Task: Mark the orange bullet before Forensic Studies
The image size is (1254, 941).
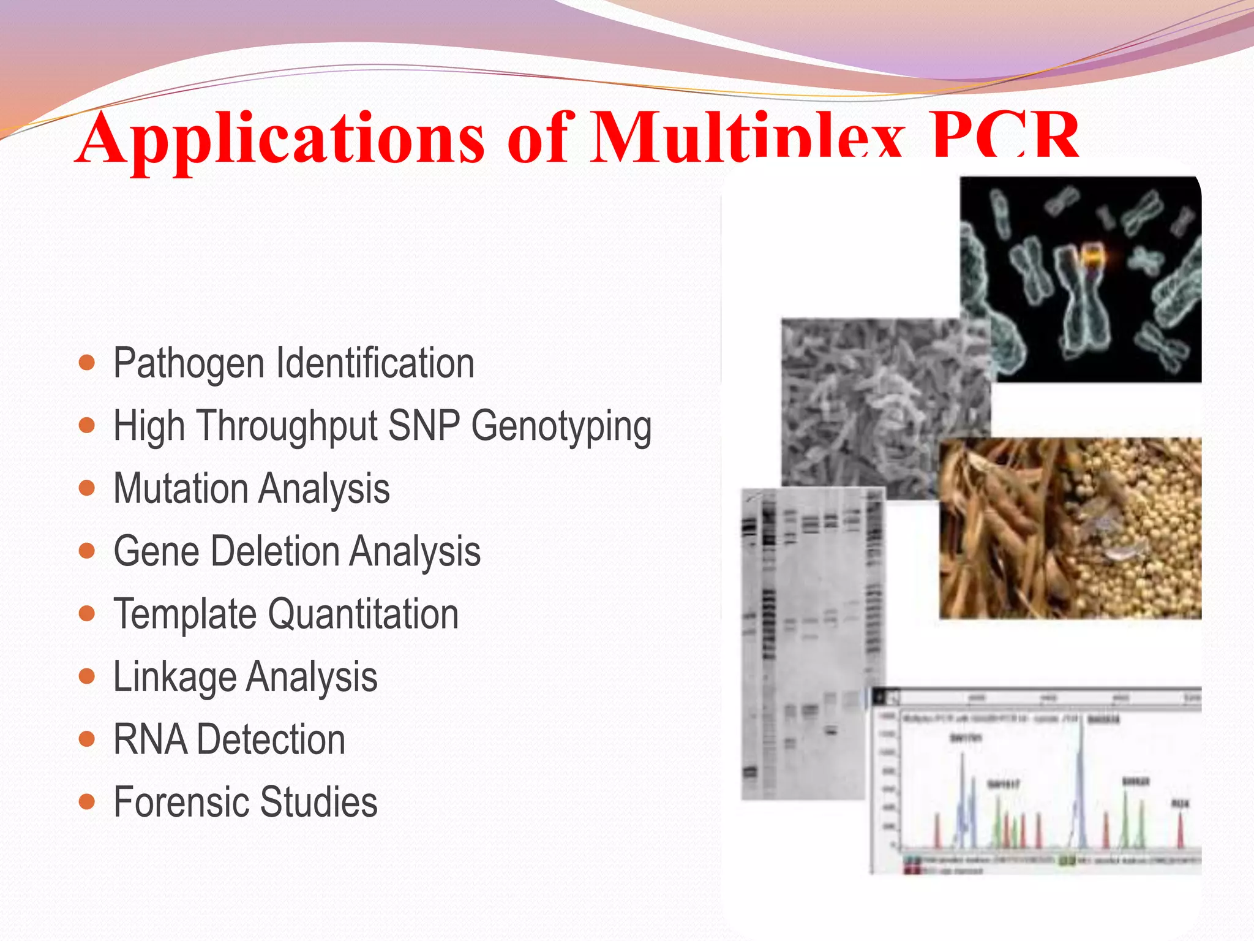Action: (87, 801)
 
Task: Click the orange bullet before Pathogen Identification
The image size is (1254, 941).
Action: (87, 363)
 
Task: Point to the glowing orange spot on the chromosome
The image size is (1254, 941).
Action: (1091, 255)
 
